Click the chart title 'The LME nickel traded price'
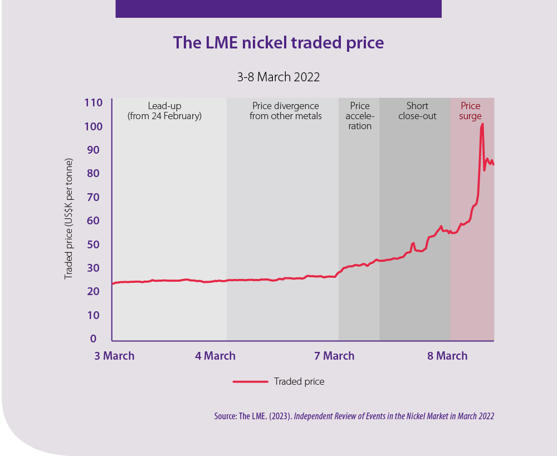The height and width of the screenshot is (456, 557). coord(278,43)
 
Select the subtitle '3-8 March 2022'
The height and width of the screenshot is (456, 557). coord(278,77)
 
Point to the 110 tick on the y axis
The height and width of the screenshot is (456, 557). coord(94,103)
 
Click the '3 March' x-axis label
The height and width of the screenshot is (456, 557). coord(114,356)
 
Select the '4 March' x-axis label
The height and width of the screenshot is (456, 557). coord(215,356)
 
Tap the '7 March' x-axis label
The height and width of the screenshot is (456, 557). coord(334,356)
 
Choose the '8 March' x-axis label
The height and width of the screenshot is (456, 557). coord(447,356)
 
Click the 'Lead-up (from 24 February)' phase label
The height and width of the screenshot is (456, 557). coord(164,111)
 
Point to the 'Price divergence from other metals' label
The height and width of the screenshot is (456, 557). coord(286,111)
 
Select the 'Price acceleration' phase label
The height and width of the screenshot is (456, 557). coord(360,116)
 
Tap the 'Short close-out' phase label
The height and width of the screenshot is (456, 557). coord(417,111)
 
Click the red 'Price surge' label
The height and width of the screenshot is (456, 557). coord(470,111)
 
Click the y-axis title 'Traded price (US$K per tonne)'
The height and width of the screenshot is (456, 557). coord(69,223)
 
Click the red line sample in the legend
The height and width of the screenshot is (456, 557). coord(250,381)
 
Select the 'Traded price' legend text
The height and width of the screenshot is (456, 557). coord(299,381)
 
